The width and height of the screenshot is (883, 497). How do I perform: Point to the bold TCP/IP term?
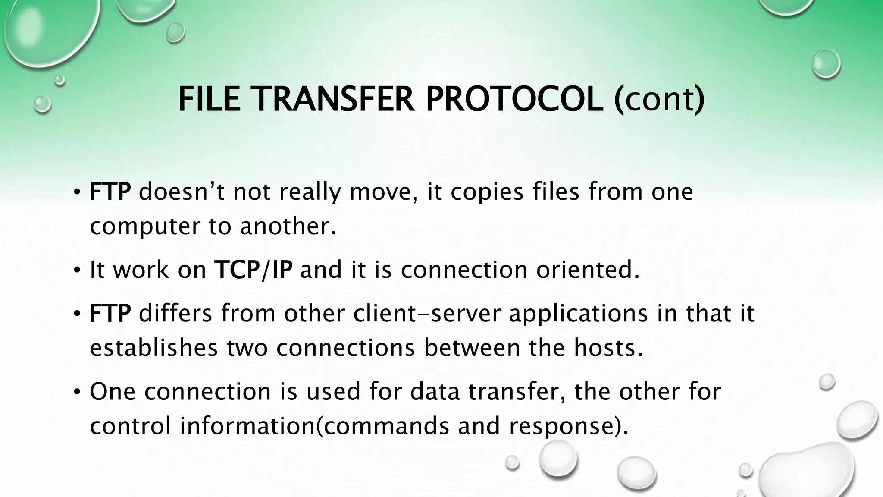click(253, 270)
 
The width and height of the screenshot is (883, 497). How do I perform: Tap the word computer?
click(146, 227)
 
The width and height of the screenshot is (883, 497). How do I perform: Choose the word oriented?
click(588, 270)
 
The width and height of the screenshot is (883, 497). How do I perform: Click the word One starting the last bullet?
click(113, 392)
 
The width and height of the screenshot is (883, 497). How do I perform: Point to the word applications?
click(578, 314)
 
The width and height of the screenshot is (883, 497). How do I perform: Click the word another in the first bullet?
click(287, 227)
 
